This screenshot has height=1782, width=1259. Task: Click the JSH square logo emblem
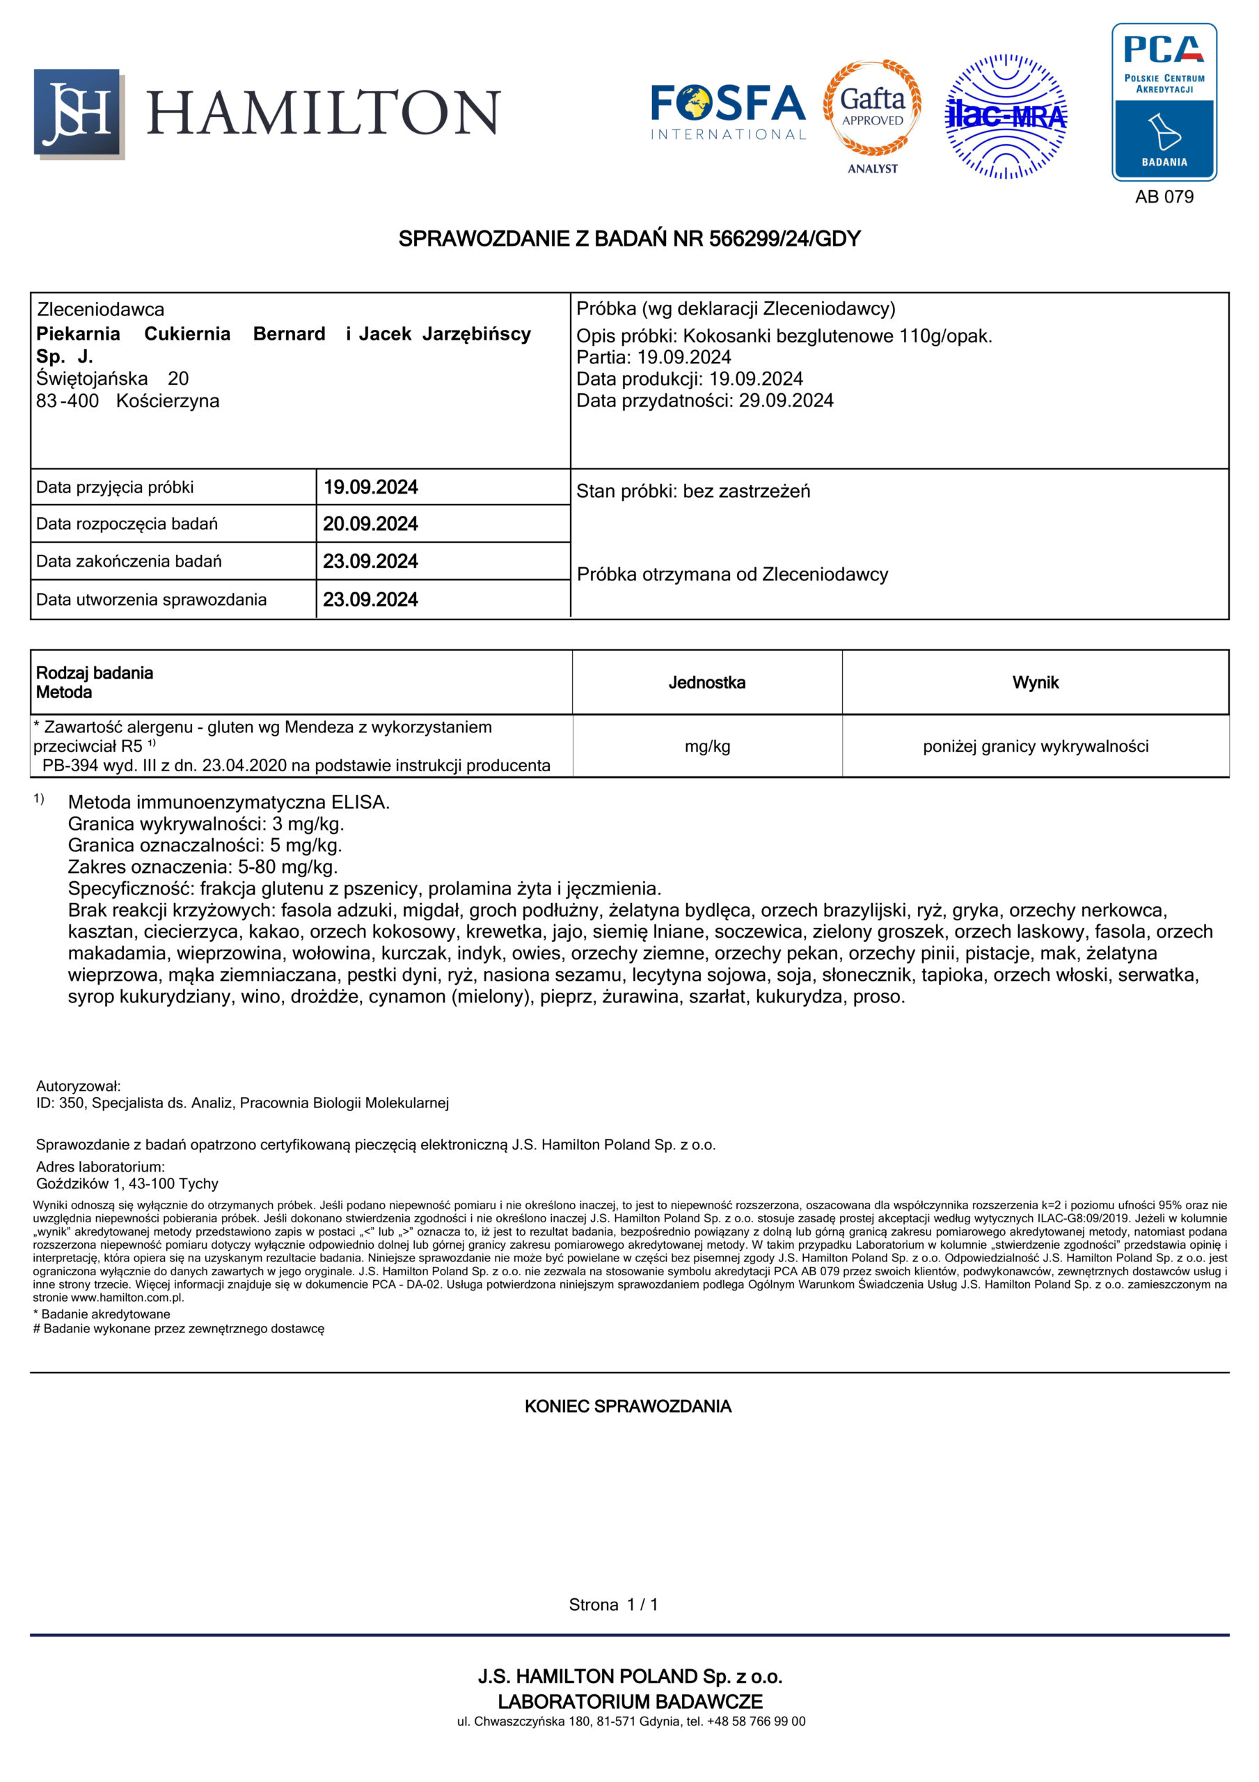[78, 113]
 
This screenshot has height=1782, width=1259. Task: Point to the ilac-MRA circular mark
[1005, 116]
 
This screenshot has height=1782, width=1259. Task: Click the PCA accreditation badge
[1164, 102]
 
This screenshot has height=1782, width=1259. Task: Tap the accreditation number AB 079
[1164, 197]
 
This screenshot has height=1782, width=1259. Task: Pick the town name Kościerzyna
[168, 401]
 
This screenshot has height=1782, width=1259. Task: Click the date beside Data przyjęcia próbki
[370, 487]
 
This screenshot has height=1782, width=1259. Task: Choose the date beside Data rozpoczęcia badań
[370, 524]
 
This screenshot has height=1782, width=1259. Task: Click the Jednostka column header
[706, 682]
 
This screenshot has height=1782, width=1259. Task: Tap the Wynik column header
[1035, 682]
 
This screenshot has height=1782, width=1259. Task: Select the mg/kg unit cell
[706, 747]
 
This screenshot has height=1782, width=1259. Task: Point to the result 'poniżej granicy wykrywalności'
[1035, 747]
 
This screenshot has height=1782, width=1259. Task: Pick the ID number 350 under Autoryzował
[72, 1103]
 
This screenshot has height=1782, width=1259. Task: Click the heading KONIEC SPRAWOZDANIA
[628, 1406]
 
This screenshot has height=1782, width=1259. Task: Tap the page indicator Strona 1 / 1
[613, 1604]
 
